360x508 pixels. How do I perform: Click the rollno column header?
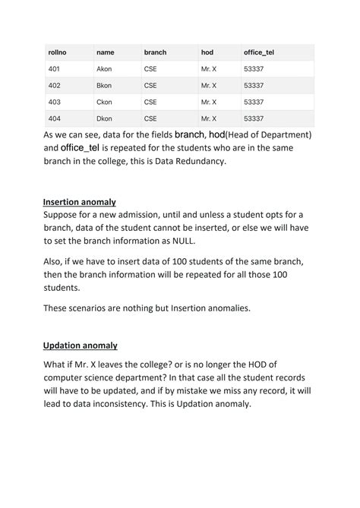coord(58,52)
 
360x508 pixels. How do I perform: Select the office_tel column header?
coord(258,52)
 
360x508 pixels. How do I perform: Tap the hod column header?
coord(207,52)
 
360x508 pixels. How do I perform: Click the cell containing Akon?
coord(104,68)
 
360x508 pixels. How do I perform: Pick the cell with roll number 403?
coord(55,102)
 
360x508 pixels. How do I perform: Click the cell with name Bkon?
coord(104,85)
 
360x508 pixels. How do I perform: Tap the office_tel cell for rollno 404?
coord(254,118)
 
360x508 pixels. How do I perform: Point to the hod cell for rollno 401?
coord(209,68)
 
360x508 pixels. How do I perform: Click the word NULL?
coord(238,241)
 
